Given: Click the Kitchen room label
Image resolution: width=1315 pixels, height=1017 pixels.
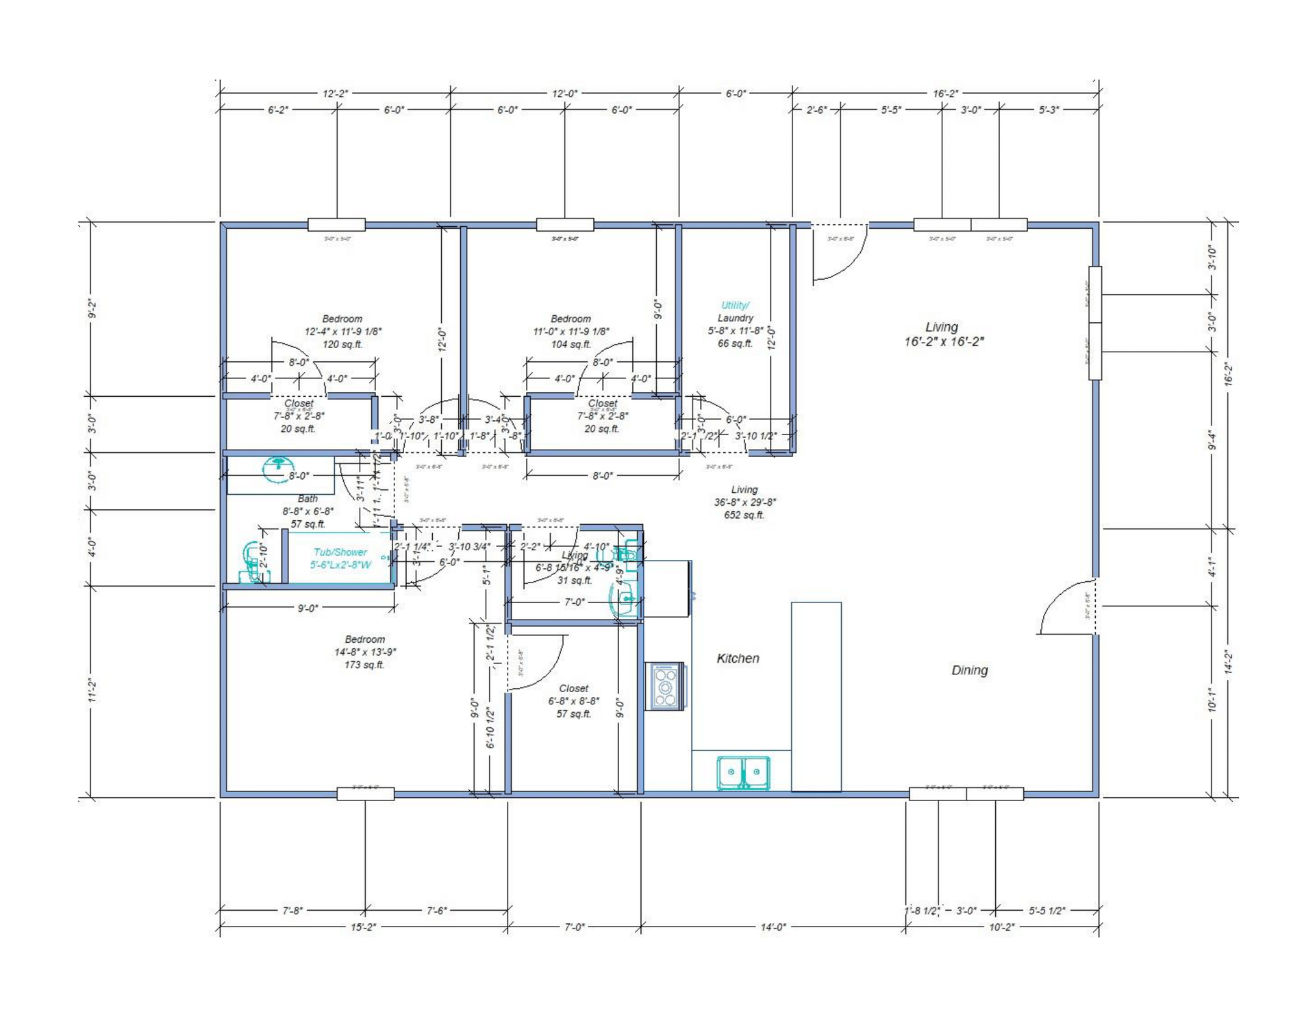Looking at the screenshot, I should (738, 659).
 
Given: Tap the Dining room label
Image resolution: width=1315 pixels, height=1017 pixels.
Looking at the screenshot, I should (969, 670).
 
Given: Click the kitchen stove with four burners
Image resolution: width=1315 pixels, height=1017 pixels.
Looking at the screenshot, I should (665, 686).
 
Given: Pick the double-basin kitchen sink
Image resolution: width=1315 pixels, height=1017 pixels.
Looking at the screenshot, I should (743, 772).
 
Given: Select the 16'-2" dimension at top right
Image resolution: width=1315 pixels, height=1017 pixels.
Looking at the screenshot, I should (945, 94).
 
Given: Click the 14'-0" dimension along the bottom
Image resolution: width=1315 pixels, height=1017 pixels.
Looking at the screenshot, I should (773, 927).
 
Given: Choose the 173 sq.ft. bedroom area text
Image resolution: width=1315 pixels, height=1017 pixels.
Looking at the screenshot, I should (364, 665).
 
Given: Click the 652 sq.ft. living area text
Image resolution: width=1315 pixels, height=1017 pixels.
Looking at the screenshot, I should (744, 515).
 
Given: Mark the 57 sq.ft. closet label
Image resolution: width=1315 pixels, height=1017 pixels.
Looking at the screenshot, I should (573, 714).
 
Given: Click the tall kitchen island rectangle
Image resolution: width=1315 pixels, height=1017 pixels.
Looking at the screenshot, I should (816, 696).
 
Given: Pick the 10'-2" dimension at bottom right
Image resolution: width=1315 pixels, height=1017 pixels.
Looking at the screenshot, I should (1001, 927).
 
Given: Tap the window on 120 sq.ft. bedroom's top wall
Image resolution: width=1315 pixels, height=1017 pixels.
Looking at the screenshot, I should (336, 225).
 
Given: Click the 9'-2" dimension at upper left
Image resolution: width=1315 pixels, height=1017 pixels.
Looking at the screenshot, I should (92, 309).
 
